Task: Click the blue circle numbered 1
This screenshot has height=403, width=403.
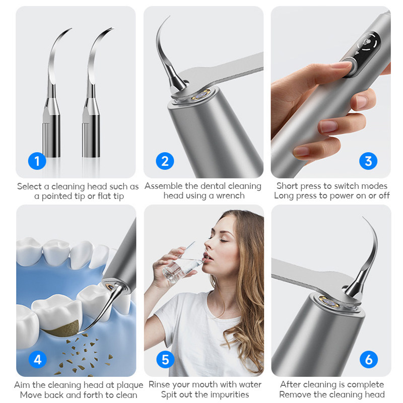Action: click(x=37, y=161)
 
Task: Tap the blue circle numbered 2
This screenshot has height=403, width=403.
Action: click(x=165, y=161)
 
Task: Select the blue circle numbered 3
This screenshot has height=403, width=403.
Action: click(x=368, y=161)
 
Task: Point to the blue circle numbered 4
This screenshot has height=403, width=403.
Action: click(x=37, y=359)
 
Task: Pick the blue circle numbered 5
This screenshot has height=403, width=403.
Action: click(x=165, y=359)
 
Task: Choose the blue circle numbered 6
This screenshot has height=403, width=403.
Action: click(x=369, y=359)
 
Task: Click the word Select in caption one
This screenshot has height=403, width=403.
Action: click(x=29, y=186)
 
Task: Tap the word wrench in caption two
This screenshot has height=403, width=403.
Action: click(x=230, y=195)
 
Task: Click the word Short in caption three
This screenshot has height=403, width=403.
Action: click(x=287, y=186)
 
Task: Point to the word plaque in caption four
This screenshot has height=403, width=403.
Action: click(x=130, y=385)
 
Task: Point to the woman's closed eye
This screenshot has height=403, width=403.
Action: click(x=223, y=241)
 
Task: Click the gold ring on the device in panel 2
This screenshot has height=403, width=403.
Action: click(x=201, y=95)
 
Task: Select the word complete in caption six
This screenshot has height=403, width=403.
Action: click(x=365, y=385)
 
